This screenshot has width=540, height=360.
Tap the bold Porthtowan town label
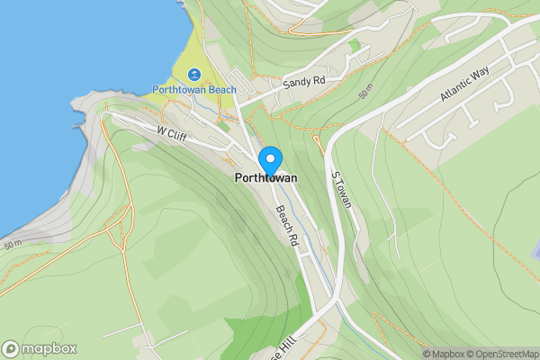(x=265, y=179)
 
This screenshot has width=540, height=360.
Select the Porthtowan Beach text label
(x=194, y=90)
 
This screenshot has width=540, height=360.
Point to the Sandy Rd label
(x=303, y=82)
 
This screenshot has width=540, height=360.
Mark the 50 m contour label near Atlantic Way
(x=364, y=93)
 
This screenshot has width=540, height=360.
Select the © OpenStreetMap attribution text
(x=507, y=354)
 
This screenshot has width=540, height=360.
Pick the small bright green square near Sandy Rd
(x=355, y=44)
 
